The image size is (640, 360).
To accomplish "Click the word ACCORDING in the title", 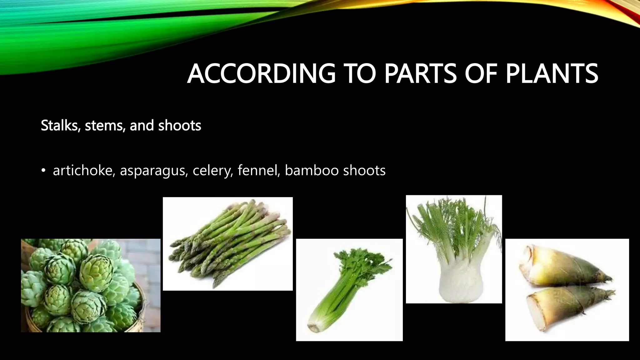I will click(261, 74).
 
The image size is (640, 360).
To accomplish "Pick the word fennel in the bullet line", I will click(258, 171).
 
